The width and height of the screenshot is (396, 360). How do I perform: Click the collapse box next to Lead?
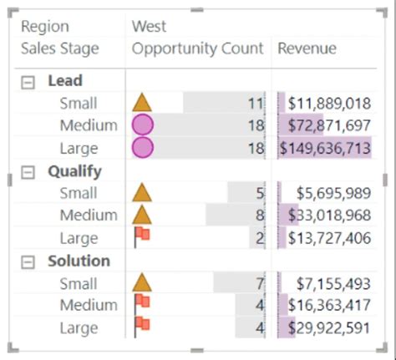click(28, 82)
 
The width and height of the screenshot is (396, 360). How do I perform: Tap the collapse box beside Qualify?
click(28, 171)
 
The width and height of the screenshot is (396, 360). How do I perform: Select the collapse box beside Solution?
click(28, 261)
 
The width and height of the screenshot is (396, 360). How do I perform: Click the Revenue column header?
click(307, 48)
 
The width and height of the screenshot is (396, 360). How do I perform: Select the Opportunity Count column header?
click(197, 48)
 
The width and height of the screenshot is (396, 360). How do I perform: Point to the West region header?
click(149, 27)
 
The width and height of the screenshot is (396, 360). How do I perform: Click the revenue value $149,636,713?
click(325, 149)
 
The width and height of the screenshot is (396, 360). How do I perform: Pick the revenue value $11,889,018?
click(329, 104)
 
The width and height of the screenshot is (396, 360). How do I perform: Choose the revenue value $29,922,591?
click(329, 328)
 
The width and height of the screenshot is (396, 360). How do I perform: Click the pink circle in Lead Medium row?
click(143, 125)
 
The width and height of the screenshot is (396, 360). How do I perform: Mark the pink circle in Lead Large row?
click(143, 148)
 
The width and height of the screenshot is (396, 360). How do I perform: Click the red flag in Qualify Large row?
click(142, 237)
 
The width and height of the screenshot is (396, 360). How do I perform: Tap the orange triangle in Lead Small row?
click(143, 103)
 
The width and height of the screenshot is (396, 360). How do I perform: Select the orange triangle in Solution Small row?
click(143, 283)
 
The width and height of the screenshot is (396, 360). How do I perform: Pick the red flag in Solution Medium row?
click(142, 304)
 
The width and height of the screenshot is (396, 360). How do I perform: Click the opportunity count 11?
click(256, 104)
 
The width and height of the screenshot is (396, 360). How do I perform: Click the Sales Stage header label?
click(59, 48)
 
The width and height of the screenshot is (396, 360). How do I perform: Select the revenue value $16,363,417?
click(329, 306)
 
